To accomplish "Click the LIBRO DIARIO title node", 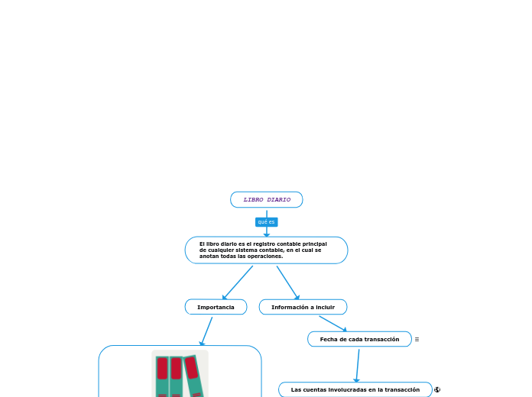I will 267,200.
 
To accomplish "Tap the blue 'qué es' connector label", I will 266,222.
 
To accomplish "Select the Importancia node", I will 216,307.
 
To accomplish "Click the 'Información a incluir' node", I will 303,307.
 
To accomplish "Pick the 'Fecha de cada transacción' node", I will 359,339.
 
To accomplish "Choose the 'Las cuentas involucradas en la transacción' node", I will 355,389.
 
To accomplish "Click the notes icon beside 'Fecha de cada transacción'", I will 417,339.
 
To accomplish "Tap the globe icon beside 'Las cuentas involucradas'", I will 437,389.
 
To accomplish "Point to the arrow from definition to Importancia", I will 237,282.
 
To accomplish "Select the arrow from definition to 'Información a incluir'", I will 287,282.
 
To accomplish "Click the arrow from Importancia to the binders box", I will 206,331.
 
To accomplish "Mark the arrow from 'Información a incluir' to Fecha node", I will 332,323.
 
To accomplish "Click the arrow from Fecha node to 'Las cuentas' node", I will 357,365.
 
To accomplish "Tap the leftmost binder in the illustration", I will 162,376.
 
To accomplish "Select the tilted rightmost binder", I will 194,376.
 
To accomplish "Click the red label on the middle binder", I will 177,369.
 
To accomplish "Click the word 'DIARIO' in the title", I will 278,200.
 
